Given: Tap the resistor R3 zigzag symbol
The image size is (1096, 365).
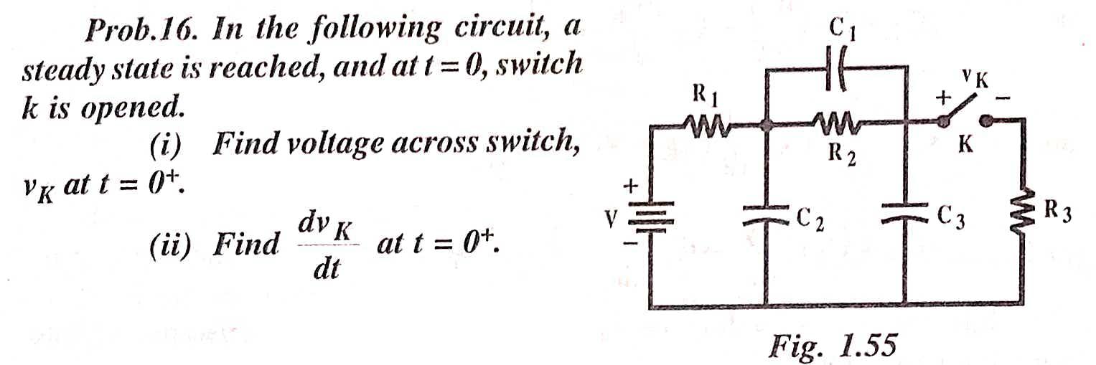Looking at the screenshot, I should click(1023, 212).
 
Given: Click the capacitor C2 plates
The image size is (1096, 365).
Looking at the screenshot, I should click(766, 216).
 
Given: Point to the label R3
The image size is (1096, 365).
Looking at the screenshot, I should click(1058, 212).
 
